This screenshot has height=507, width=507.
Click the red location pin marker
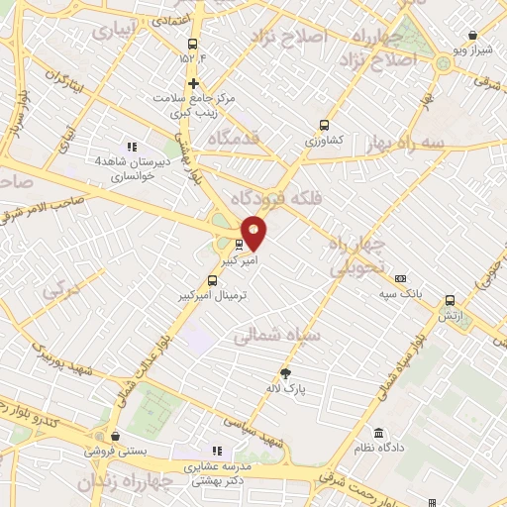253,233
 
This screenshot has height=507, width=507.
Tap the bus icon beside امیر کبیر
239,243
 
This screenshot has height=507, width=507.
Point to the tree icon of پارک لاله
287,372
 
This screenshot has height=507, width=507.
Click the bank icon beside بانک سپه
400,278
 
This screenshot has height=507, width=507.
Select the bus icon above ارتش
451,299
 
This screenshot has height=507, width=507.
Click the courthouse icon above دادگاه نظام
379,433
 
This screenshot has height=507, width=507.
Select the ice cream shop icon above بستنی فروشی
117,436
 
